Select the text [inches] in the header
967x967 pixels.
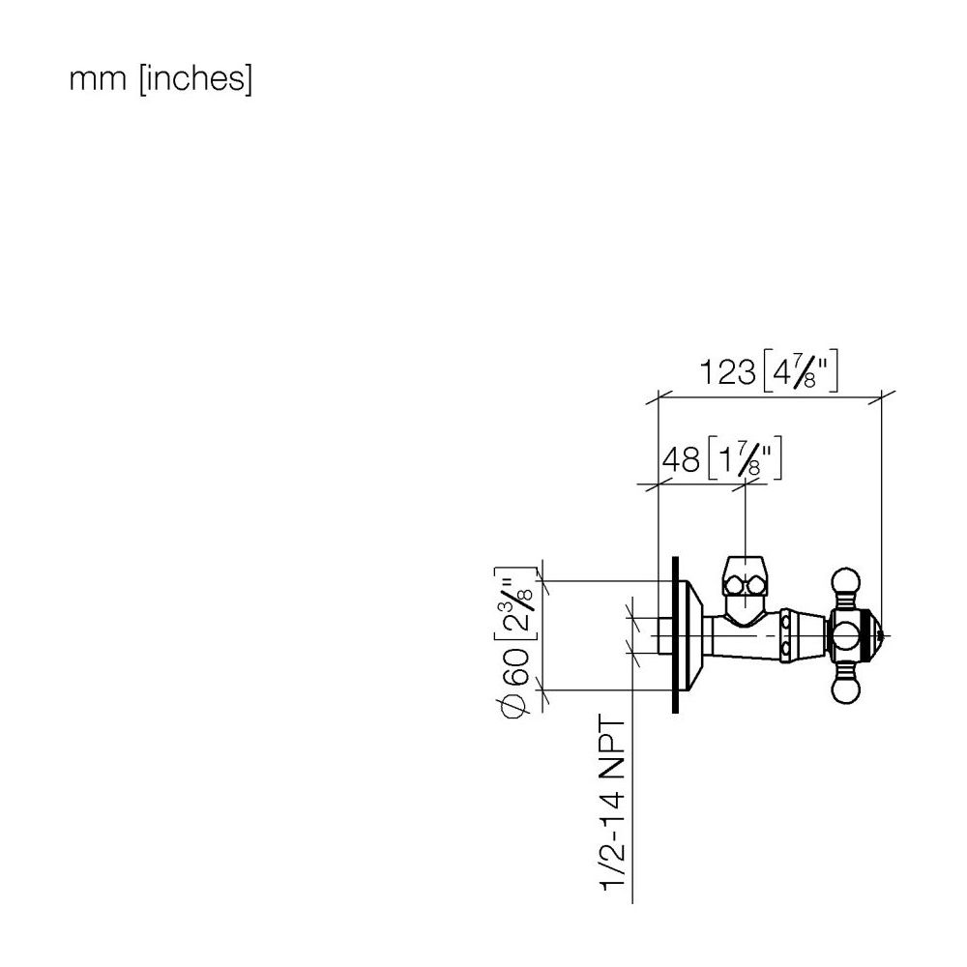point(196,79)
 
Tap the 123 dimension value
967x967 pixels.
point(728,372)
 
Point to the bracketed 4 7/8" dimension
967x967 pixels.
point(801,372)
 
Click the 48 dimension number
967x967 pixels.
point(681,460)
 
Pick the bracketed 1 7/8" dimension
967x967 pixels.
point(745,458)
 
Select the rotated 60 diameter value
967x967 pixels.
point(516,666)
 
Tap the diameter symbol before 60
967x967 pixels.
point(514,705)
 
